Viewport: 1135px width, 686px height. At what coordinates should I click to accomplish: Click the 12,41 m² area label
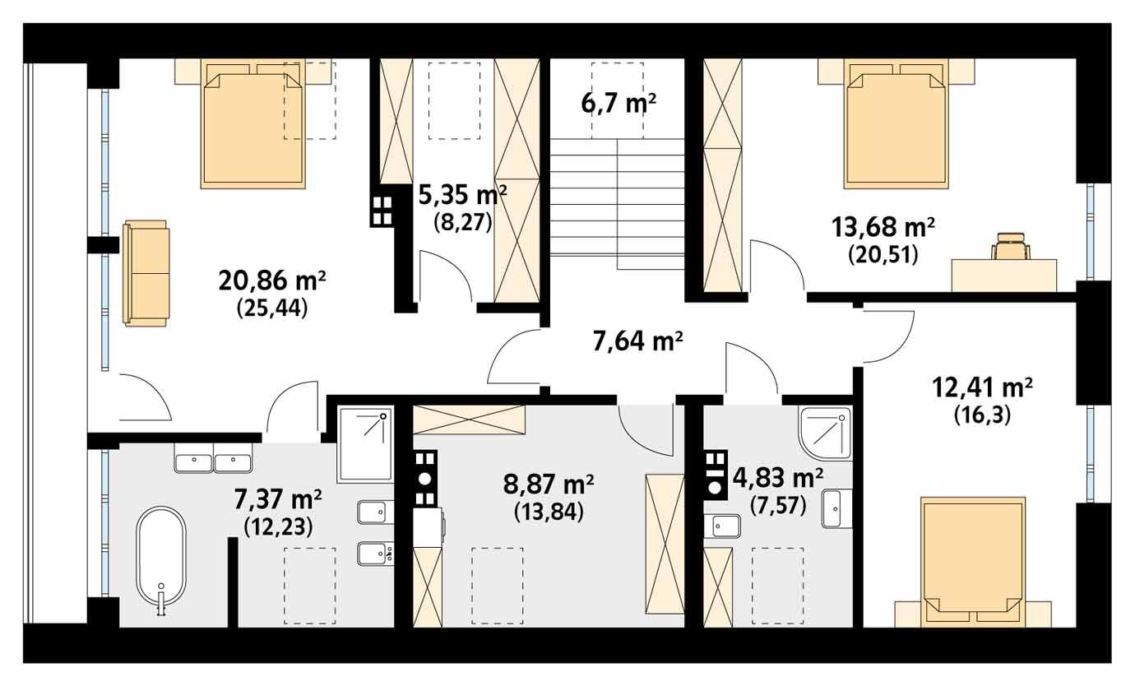(982, 386)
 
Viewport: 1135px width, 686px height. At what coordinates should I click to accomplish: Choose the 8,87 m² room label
(549, 484)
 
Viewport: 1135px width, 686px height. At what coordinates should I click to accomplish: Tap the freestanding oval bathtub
(161, 559)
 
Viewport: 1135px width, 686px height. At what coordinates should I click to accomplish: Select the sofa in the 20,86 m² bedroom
(146, 272)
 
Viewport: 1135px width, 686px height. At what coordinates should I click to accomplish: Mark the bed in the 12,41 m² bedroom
(973, 559)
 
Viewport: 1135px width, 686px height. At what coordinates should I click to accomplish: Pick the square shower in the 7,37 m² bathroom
(365, 444)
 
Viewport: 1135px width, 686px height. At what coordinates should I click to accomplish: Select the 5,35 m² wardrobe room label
(463, 196)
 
